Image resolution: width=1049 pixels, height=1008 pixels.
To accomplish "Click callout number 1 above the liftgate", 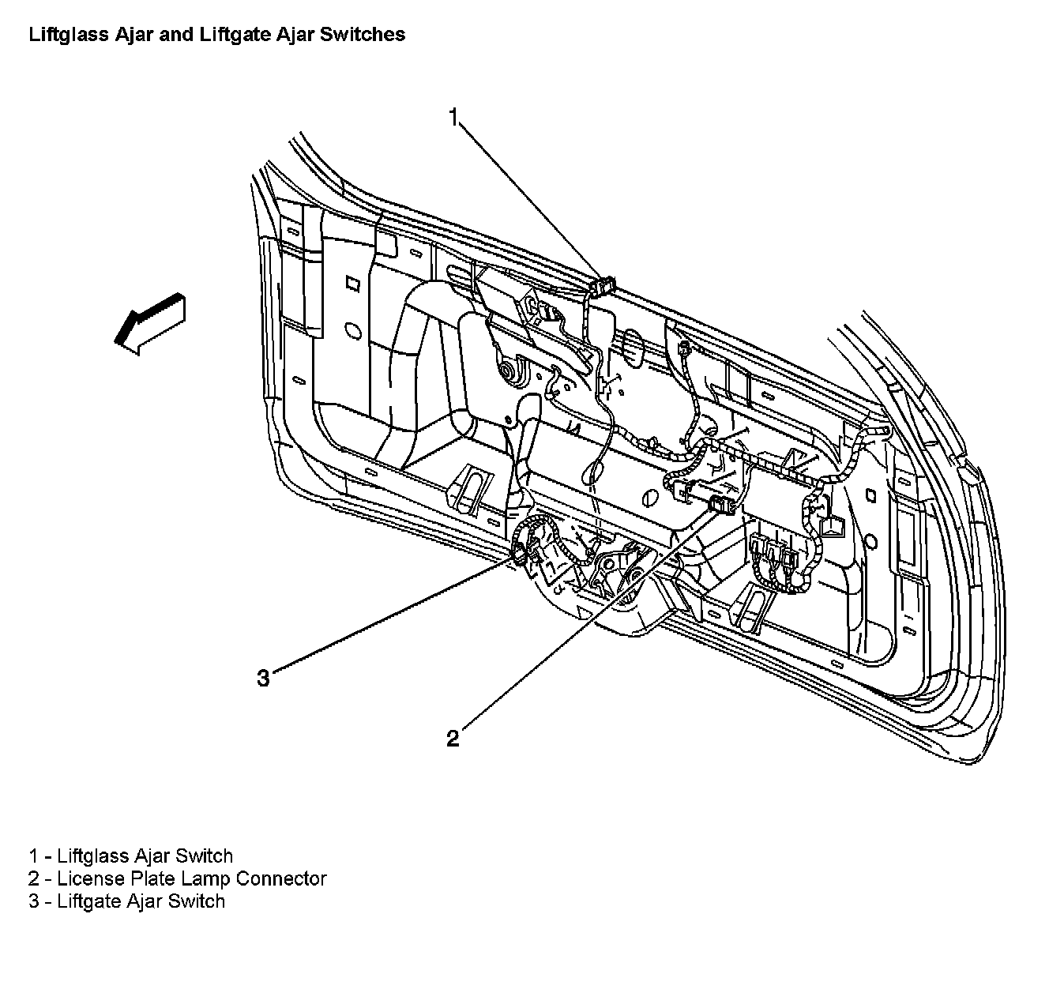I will [453, 117].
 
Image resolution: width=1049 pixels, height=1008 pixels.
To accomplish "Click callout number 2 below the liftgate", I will [453, 739].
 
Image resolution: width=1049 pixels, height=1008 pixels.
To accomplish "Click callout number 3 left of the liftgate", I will [263, 677].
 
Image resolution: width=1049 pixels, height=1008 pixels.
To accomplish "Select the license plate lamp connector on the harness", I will [722, 504].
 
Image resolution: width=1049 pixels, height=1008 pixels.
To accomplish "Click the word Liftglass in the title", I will [61, 35].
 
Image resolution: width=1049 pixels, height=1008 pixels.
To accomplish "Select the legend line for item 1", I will [131, 856].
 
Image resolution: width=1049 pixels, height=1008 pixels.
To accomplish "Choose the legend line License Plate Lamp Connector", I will [178, 878].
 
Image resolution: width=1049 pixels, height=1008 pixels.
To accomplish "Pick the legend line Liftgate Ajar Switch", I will [127, 901].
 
